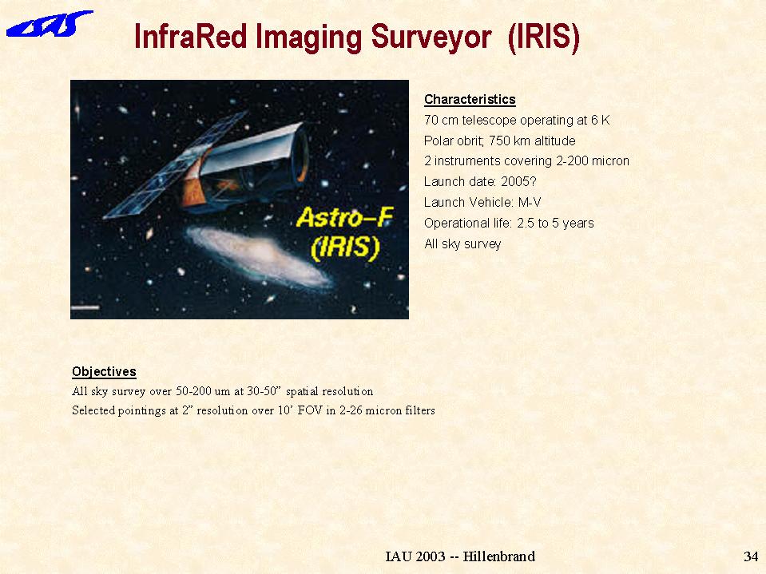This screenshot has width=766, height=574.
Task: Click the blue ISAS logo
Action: coord(49,25)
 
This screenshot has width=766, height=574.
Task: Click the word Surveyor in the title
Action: coord(431,37)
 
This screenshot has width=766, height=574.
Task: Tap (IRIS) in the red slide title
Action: coord(544,37)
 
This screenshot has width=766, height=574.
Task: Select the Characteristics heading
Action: coord(470,100)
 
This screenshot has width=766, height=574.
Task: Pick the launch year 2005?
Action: coord(518,181)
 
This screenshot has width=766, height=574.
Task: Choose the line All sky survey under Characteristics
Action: coord(462,243)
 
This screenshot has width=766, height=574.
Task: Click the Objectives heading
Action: coord(104,372)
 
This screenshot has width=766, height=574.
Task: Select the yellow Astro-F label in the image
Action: coord(344,217)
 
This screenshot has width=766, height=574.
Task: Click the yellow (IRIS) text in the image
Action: coord(345,247)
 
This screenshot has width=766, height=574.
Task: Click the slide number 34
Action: coord(751,556)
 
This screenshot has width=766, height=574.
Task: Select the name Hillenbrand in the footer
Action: coord(498,556)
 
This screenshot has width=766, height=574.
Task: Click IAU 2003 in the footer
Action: coord(415,556)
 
